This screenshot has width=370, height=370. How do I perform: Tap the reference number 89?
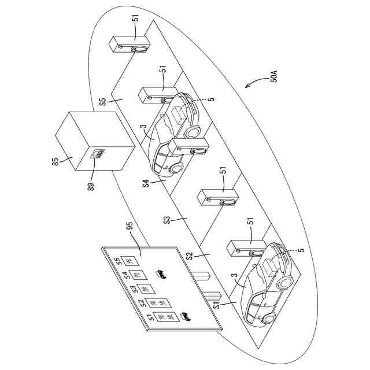tap(91, 186)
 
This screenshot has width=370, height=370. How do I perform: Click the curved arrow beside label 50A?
tap(253, 84)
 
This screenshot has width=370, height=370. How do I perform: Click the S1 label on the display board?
tap(150, 318)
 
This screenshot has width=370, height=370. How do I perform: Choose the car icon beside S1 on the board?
tap(186, 316)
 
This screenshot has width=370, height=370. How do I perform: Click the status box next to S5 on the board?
tap(131, 260)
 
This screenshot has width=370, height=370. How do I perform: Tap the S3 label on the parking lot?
tap(167, 220)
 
